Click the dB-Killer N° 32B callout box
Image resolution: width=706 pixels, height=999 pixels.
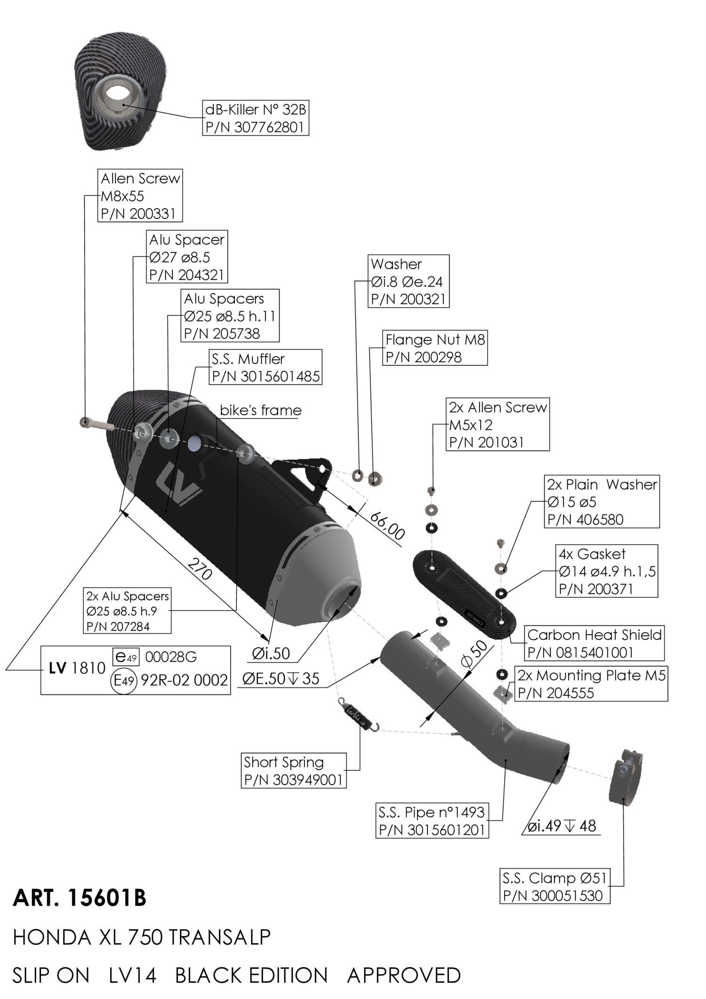click(x=256, y=118)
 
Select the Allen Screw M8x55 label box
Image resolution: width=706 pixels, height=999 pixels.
click(x=140, y=196)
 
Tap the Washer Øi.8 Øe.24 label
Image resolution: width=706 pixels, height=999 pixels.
click(x=408, y=282)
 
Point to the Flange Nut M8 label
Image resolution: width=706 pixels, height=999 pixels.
click(x=434, y=348)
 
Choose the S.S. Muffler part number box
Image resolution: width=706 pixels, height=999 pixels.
click(x=265, y=367)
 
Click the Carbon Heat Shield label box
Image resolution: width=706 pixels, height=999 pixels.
click(x=594, y=644)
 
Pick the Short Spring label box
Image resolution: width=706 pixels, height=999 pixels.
click(x=293, y=771)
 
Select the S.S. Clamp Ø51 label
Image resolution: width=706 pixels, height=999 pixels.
click(x=554, y=886)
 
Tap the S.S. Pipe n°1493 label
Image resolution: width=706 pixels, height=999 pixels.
click(x=432, y=821)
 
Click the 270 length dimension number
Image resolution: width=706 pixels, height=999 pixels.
click(x=200, y=569)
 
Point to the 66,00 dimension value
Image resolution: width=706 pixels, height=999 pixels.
click(x=387, y=526)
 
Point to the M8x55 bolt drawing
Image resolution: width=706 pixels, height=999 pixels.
click(x=96, y=424)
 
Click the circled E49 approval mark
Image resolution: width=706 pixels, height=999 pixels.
click(x=124, y=680)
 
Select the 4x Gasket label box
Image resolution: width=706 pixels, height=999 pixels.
click(x=606, y=571)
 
